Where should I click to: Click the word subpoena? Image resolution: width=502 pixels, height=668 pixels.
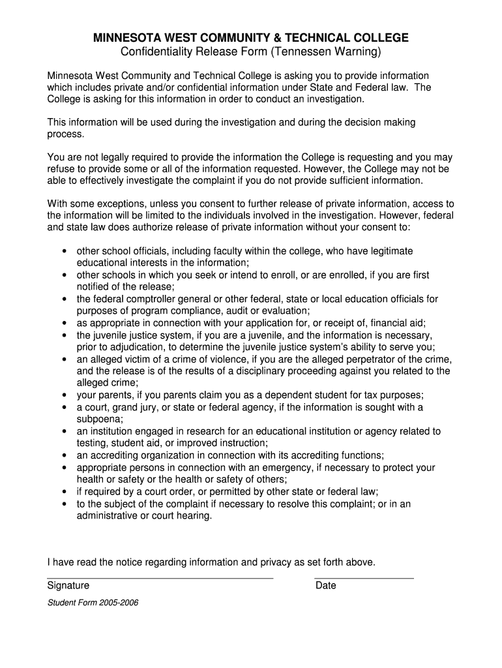pos(99,419)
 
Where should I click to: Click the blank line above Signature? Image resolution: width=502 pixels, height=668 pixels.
pos(160,578)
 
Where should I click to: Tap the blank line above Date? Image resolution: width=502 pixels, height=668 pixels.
pos(364,578)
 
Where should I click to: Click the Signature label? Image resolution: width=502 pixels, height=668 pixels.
pos(68,586)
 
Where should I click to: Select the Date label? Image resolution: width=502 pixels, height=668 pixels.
pos(326,586)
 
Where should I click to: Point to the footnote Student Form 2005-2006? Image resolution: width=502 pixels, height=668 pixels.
pos(93,603)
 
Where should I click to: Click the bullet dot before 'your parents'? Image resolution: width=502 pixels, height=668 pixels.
pos(64,395)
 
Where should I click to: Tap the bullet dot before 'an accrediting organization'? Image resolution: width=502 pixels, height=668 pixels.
pos(64,455)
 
